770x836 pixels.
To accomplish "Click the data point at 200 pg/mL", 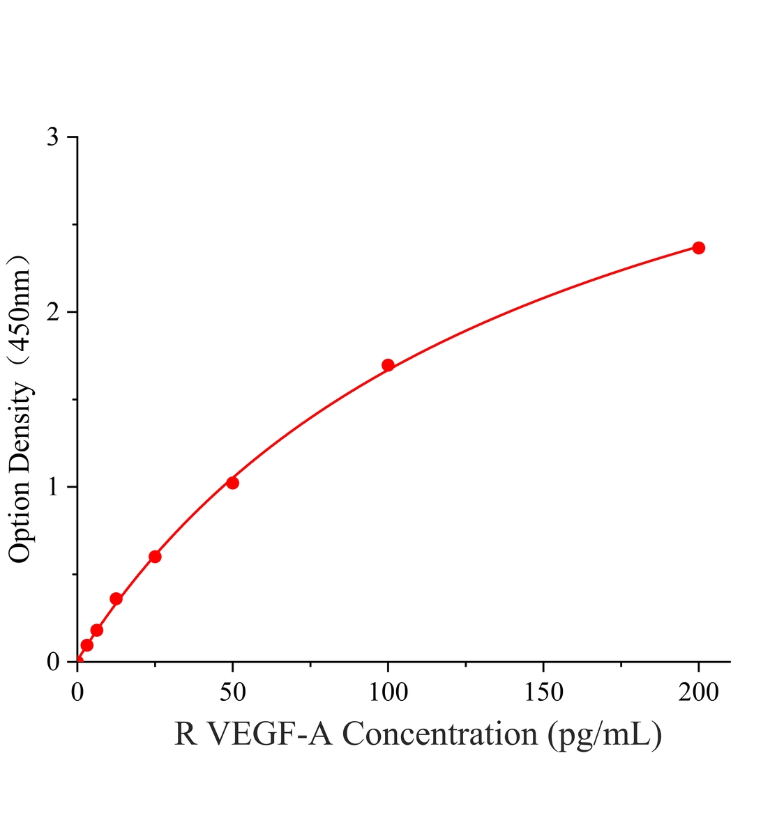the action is pos(698,248).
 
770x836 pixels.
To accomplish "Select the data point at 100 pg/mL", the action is pos(388,365).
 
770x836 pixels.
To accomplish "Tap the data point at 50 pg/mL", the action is pos(232,483).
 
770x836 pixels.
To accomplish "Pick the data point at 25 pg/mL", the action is pos(155,557).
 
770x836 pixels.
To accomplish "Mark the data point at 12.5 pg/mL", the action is pos(116,599).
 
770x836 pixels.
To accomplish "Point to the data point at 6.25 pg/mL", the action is pos(96,630).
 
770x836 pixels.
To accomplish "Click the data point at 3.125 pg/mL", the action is pos(86,646).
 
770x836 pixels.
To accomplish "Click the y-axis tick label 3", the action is pos(53,137).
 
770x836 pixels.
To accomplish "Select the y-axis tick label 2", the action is pos(53,312).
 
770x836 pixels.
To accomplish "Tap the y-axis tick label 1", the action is pos(54,487).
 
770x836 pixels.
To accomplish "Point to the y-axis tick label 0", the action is pos(53,662).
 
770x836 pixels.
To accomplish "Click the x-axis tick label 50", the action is pos(233,692).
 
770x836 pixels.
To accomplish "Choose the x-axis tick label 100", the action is pos(388,692).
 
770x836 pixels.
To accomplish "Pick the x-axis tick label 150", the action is pos(544,692).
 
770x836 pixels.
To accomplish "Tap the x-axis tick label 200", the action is pos(699,692).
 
